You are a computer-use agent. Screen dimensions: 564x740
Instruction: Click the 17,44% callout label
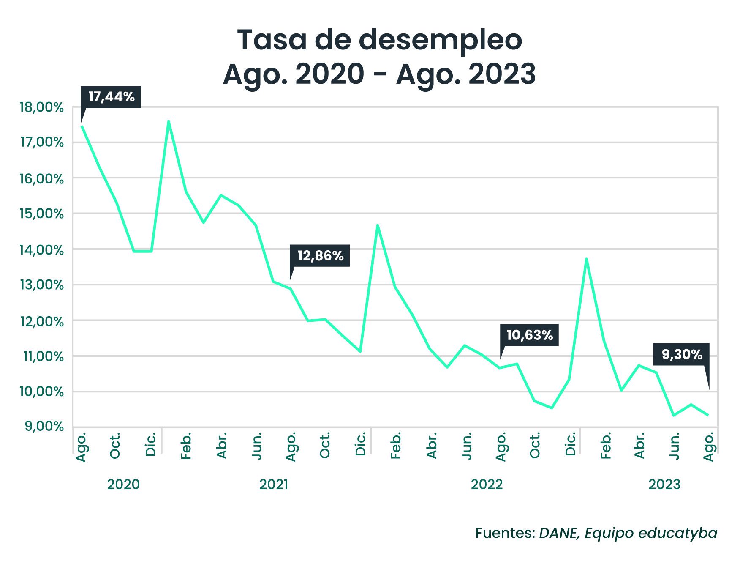pos(111,97)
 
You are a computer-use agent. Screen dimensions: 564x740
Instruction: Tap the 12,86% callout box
pos(320,255)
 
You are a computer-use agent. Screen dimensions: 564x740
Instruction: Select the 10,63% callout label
pos(529,335)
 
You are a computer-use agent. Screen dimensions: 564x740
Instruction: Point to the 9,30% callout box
pos(681,354)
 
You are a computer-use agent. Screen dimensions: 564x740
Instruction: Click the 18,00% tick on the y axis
pos(41,107)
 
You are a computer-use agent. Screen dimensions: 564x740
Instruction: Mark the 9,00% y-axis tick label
pos(44,426)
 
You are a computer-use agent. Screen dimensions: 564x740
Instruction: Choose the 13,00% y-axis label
pos(41,285)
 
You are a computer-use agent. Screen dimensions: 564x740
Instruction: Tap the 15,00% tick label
pos(41,214)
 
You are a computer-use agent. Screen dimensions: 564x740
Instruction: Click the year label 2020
pos(123,484)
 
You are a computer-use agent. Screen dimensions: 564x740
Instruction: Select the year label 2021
pos(274,484)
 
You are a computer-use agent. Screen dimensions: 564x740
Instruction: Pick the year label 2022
pos(487,484)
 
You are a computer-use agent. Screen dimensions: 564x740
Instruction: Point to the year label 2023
pos(664,484)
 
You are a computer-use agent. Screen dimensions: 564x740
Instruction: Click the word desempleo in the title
pos(441,40)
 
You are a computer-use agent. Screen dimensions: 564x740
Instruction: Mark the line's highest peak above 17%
pos(169,121)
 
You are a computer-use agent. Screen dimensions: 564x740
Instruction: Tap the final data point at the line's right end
pos(708,415)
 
